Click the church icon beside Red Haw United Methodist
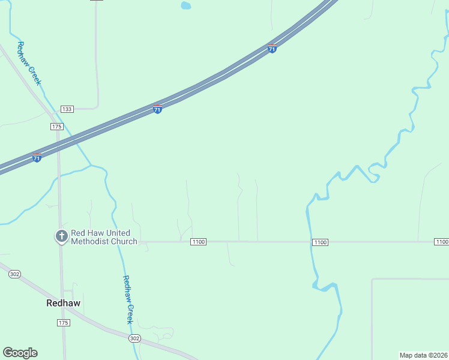(61, 236)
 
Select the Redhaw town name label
(63, 303)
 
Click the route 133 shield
(67, 109)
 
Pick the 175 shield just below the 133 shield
(57, 127)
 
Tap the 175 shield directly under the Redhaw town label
(64, 323)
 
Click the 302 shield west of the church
(15, 274)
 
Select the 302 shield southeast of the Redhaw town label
(134, 338)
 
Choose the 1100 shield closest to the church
(198, 242)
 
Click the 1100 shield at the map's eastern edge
(441, 242)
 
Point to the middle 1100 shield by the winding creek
(320, 242)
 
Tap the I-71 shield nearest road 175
(37, 158)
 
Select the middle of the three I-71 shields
(157, 109)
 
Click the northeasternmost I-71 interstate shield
(272, 48)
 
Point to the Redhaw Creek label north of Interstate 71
(29, 63)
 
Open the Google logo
(20, 353)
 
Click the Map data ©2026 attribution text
(423, 355)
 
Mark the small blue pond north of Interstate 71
(186, 6)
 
